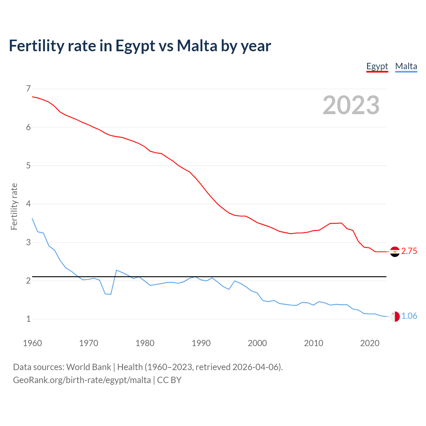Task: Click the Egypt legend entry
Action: [377, 66]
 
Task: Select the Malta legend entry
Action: [406, 66]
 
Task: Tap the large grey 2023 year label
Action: [351, 105]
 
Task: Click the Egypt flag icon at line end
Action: [395, 252]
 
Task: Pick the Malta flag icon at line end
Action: [395, 317]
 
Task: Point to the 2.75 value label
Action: [409, 251]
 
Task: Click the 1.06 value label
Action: [409, 316]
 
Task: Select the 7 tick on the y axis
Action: [28, 89]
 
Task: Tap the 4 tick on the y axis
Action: [28, 204]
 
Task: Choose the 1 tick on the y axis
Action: [28, 319]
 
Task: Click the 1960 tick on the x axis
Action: [32, 343]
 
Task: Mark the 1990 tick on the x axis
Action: [201, 343]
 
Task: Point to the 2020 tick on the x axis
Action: [370, 343]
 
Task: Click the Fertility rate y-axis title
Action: [14, 206]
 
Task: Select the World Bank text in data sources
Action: [89, 367]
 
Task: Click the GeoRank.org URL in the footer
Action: [82, 380]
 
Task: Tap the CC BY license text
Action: [169, 380]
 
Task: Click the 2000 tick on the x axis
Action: [257, 343]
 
